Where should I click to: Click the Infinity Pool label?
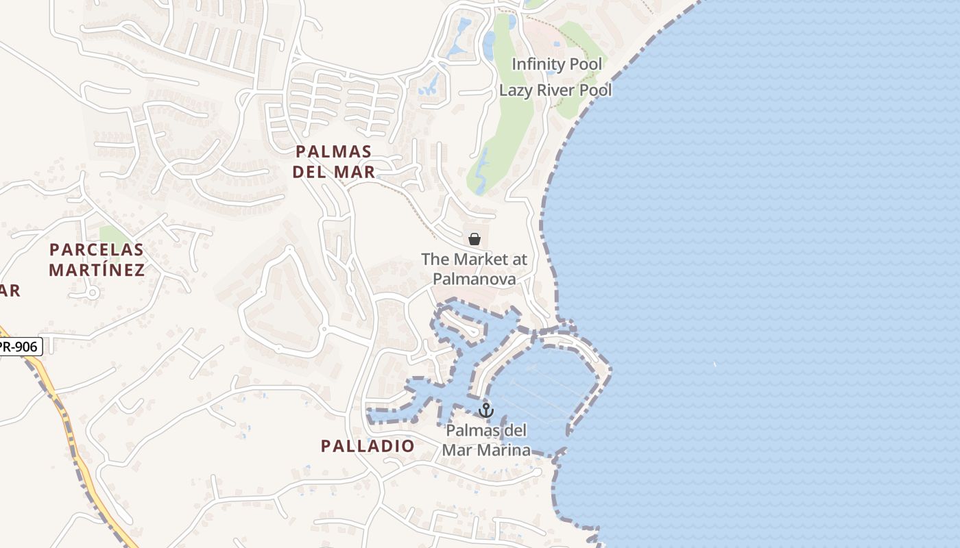[x=557, y=64]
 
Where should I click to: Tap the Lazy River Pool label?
[x=555, y=90]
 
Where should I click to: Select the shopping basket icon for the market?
[x=474, y=238]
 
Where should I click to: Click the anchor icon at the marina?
[x=486, y=410]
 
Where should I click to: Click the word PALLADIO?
[x=368, y=446]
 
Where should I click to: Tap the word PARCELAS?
[x=97, y=249]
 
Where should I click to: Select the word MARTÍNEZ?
[x=97, y=270]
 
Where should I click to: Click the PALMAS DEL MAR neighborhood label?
[x=334, y=162]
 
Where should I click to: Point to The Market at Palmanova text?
[x=474, y=269]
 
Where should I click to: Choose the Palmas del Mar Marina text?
[x=486, y=440]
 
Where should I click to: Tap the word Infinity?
[x=536, y=64]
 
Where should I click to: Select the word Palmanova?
[x=474, y=279]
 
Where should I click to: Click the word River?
[x=553, y=90]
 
